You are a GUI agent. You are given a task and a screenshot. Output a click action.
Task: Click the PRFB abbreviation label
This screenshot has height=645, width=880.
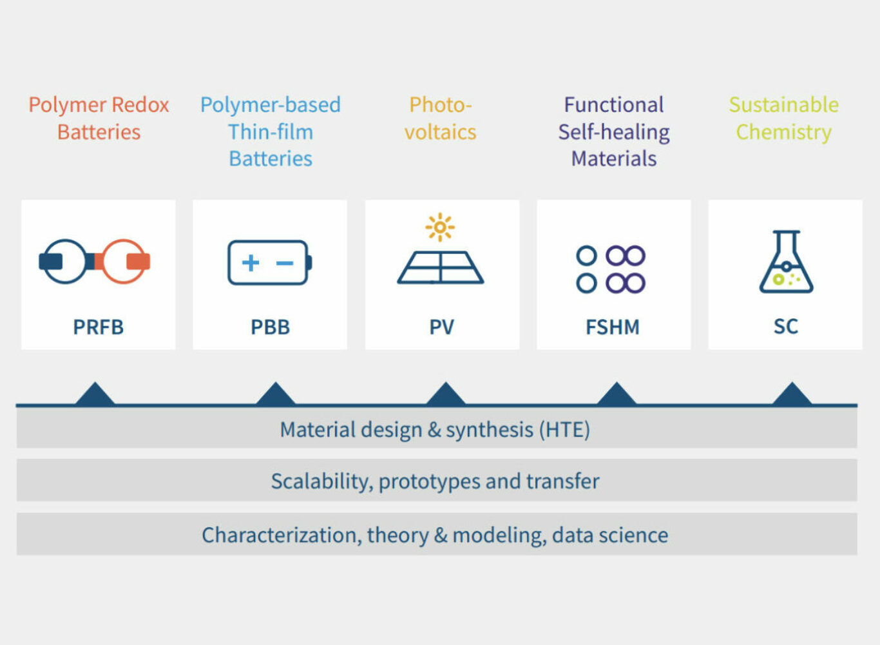[x=98, y=327]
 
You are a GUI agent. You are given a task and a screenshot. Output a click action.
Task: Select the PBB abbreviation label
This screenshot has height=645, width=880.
[x=270, y=327]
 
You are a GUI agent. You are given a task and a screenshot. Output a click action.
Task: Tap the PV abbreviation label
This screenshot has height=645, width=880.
[x=442, y=327]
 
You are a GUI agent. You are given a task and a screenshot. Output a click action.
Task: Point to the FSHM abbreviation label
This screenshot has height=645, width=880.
[x=613, y=327]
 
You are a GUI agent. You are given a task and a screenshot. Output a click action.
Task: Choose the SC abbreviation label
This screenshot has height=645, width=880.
[x=785, y=326]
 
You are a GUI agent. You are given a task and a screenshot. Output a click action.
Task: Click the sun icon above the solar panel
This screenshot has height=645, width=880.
[x=440, y=227]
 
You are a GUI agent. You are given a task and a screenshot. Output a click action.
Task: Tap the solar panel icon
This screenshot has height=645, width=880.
[x=441, y=267]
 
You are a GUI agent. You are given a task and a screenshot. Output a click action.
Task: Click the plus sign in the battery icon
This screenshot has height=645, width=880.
[x=251, y=262]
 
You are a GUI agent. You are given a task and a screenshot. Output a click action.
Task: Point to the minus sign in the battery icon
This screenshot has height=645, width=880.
[x=285, y=263]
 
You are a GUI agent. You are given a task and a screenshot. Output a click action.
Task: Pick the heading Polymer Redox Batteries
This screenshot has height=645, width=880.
[x=99, y=118]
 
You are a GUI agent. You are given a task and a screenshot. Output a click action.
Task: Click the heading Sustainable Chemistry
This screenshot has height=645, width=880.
[x=784, y=118]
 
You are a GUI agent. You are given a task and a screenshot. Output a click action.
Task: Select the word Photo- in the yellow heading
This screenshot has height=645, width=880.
[x=441, y=104]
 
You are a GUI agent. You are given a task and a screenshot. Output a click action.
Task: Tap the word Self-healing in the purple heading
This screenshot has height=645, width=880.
[x=614, y=131]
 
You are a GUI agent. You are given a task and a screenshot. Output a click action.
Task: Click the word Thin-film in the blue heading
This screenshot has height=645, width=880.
[x=271, y=131]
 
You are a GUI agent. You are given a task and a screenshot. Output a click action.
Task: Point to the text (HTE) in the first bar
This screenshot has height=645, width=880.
[x=564, y=429]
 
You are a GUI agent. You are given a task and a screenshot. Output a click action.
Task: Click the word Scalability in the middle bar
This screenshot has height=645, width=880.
[x=321, y=481]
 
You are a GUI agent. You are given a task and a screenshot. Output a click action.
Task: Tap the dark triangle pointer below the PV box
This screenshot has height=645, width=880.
[x=445, y=394]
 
